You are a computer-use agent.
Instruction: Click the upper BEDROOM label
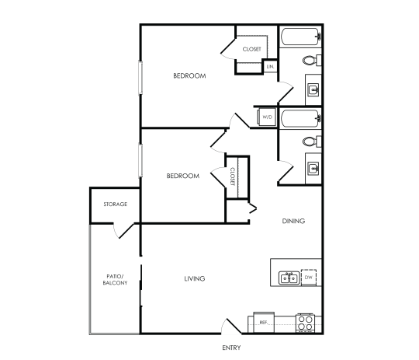click(189, 75)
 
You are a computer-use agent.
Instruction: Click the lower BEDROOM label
click(183, 176)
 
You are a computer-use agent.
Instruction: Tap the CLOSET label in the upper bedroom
click(251, 49)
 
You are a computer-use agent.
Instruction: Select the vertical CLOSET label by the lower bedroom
click(233, 176)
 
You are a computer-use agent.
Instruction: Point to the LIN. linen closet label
click(271, 67)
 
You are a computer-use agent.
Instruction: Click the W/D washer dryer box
click(267, 117)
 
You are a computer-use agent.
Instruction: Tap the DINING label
click(293, 221)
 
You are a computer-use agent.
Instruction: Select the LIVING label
click(194, 278)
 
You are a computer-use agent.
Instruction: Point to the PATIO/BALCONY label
click(115, 279)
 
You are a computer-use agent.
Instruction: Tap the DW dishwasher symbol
click(308, 278)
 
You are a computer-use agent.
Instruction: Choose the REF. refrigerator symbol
click(263, 321)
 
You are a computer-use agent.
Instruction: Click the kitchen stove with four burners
click(306, 322)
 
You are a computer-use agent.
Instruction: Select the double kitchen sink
click(289, 277)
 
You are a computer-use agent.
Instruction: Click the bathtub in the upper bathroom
click(300, 36)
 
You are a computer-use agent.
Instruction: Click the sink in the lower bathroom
click(314, 169)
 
